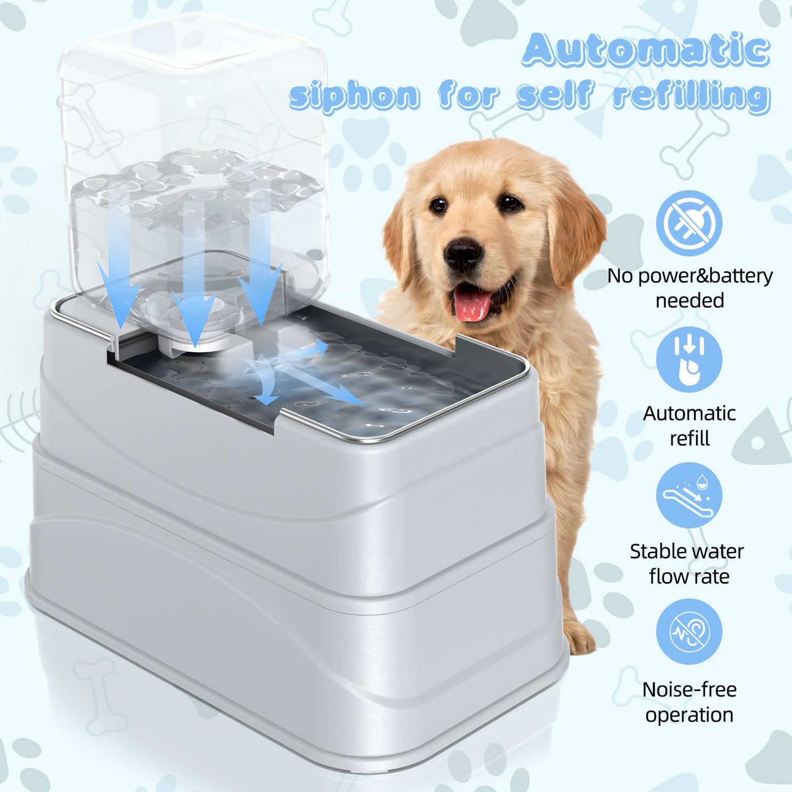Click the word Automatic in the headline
646,50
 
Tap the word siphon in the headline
355,96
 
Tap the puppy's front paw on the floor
579,638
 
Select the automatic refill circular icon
689,360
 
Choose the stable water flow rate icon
689,495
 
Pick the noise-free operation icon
689,632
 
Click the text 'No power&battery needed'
690,288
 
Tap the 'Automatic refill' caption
690,426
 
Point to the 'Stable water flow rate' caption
687,563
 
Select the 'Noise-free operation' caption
690,702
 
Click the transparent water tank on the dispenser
192,137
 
